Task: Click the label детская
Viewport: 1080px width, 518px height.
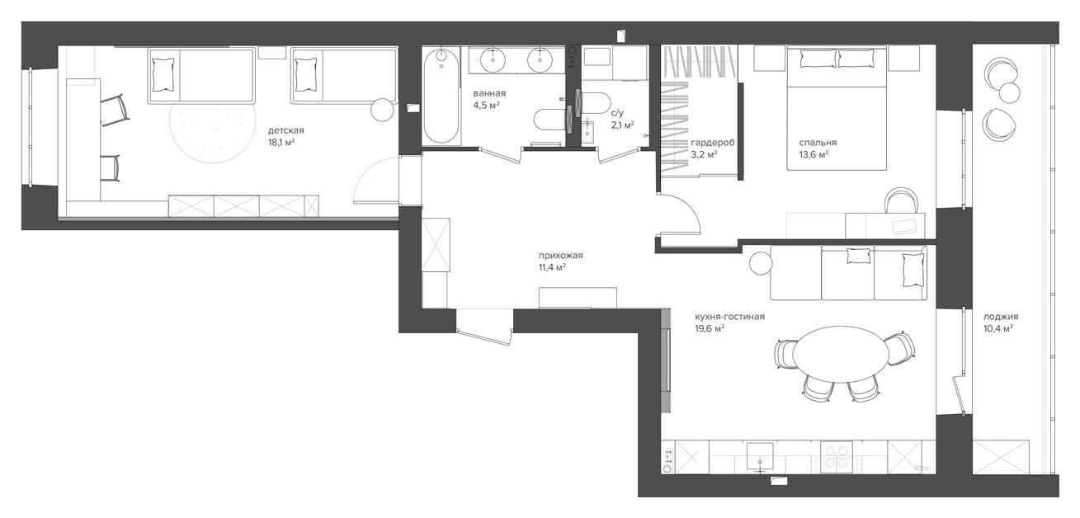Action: point(286,130)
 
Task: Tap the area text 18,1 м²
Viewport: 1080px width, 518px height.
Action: point(281,143)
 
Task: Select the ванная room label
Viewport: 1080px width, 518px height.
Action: point(489,93)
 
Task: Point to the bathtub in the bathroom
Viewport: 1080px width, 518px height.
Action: point(441,96)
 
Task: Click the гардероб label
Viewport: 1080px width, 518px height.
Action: point(713,144)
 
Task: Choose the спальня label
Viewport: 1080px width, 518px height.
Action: point(818,143)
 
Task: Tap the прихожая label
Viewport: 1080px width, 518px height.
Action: point(561,256)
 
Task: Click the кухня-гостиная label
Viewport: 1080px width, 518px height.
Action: point(729,317)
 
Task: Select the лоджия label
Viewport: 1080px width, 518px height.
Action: point(1001,317)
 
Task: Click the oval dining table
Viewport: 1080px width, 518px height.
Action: point(841,354)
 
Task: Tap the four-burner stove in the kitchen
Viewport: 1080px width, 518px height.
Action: point(837,457)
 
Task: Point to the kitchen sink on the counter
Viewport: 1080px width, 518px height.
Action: point(760,456)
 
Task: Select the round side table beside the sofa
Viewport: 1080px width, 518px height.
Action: point(762,263)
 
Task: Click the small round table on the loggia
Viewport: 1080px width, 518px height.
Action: point(1010,92)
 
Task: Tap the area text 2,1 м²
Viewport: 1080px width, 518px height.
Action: point(622,125)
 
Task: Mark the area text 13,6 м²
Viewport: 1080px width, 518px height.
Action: point(814,155)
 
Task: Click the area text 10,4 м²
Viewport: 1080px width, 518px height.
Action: point(997,328)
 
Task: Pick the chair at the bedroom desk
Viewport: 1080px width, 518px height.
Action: point(901,200)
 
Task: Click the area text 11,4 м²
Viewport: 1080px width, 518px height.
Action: point(552,268)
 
